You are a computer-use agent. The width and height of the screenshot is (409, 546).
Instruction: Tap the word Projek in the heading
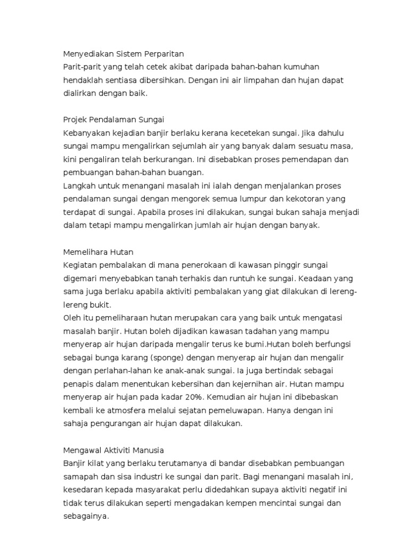(x=77, y=119)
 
